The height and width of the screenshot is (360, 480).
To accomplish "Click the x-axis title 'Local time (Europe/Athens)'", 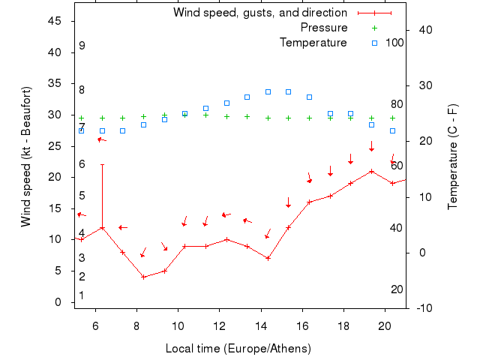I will coord(238,349).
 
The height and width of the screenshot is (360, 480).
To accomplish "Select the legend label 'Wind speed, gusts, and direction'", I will coord(260,13).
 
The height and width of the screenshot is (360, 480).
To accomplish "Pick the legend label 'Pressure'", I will coord(323,28).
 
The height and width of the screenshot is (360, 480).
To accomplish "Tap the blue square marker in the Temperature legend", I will coord(375,43).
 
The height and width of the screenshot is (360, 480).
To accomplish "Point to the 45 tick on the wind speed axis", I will coord(54,21).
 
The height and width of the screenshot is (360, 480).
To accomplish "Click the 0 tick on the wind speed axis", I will coord(58,302).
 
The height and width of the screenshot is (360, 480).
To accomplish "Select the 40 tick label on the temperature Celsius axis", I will coord(423,30).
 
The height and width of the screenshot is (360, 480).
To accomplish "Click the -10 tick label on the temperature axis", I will coord(423,308).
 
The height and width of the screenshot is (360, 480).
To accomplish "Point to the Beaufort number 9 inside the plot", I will coord(82,46).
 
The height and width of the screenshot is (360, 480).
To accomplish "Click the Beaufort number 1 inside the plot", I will coord(82,295).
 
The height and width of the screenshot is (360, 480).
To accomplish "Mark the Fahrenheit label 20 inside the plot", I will coord(397,289).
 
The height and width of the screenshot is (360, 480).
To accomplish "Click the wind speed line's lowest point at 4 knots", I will coord(143,277).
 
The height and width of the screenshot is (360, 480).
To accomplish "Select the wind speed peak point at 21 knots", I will coord(371,171).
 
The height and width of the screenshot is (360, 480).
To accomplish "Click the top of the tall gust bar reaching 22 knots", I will coord(102,165).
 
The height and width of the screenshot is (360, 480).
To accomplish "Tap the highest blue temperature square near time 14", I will coord(268,91).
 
